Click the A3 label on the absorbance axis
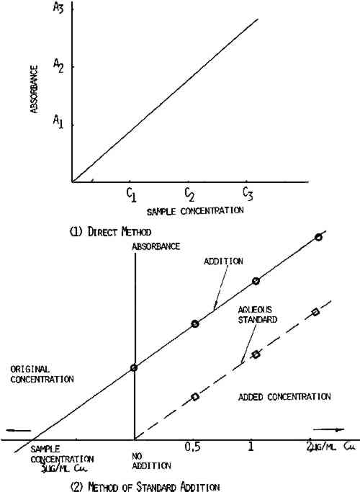[58, 7]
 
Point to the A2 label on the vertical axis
[58, 66]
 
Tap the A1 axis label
[58, 121]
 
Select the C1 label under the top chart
[131, 194]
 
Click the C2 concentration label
[189, 194]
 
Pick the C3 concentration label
[248, 194]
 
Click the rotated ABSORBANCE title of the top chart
[34, 89]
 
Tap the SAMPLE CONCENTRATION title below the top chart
[195, 211]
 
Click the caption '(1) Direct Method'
[110, 232]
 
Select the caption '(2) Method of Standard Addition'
[145, 486]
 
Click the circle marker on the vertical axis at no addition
[134, 367]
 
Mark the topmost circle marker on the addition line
[318, 237]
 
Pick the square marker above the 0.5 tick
[195, 397]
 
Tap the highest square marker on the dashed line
[315, 312]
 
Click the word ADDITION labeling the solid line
[223, 261]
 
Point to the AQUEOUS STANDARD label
[258, 315]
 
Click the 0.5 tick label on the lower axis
[192, 447]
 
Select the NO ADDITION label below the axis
[151, 460]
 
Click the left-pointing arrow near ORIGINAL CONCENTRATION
[19, 430]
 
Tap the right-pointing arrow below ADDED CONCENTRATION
[328, 429]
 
